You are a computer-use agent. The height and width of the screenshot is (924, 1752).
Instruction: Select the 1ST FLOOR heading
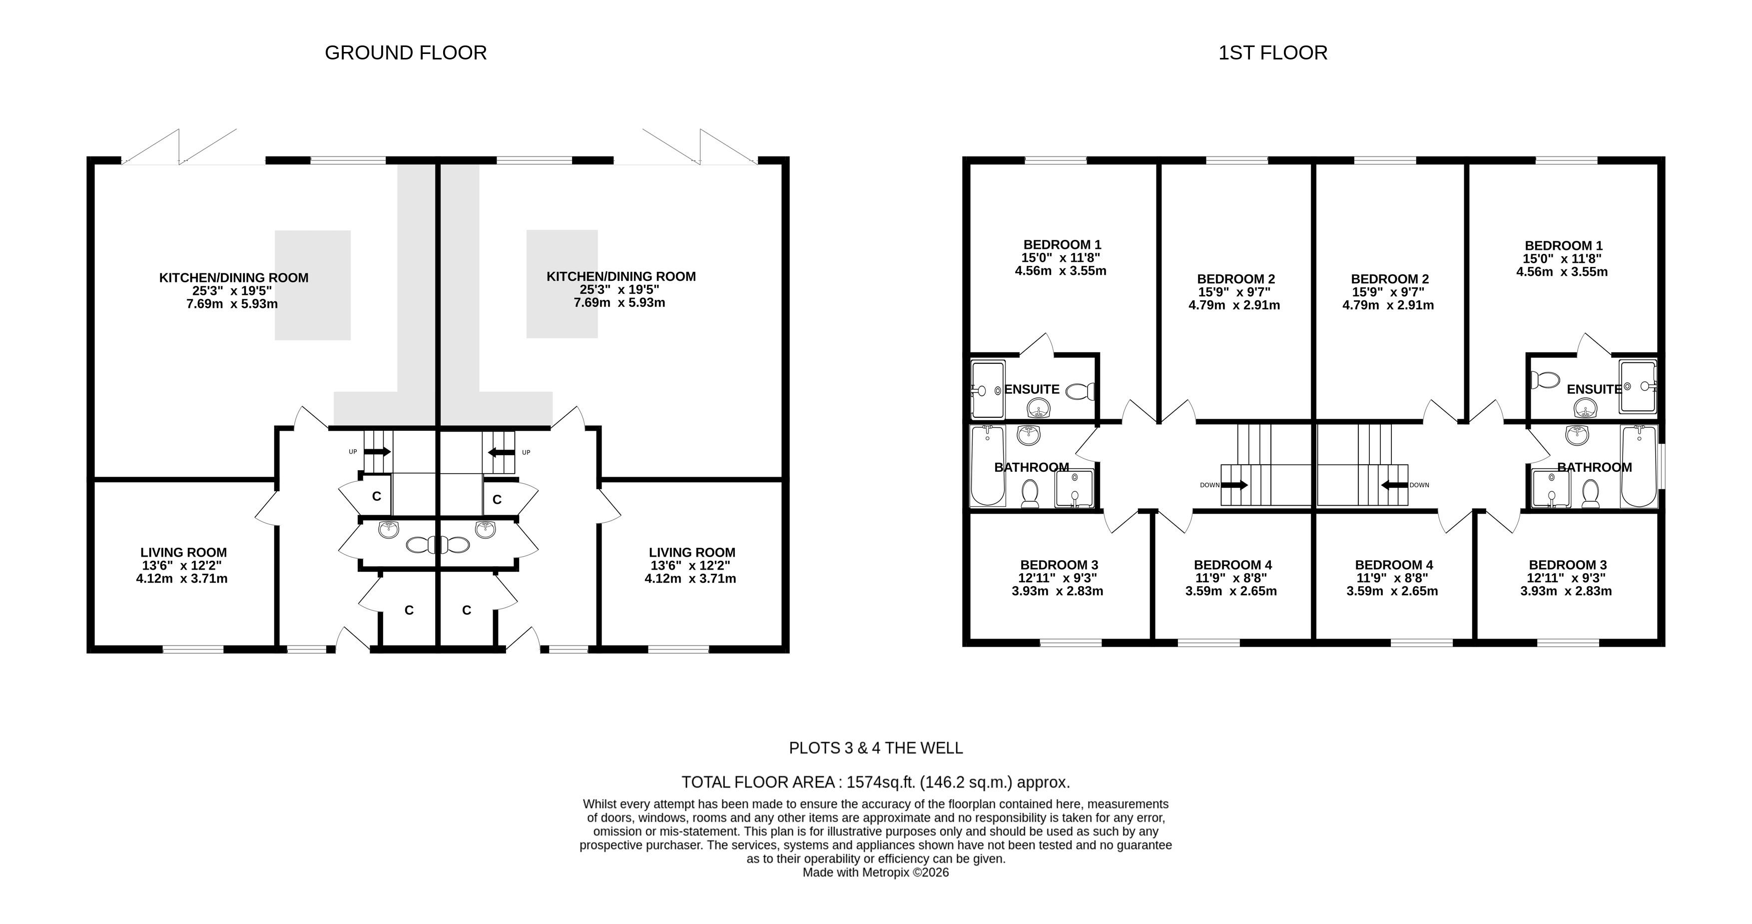point(1272,53)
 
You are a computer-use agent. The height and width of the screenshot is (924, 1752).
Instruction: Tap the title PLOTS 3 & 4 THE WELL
point(875,749)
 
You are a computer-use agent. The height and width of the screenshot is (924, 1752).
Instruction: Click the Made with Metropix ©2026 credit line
point(875,873)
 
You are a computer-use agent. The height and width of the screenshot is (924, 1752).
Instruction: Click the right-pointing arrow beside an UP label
point(378,451)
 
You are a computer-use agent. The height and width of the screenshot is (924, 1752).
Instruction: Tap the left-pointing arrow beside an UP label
point(501,452)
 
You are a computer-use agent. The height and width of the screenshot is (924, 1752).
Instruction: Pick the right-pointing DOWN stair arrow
point(1234,485)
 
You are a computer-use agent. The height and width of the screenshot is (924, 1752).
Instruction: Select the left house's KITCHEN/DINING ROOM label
point(233,278)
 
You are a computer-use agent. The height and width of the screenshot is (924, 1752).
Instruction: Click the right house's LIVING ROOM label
point(692,553)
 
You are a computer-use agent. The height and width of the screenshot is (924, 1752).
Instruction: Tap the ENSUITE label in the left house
point(1032,389)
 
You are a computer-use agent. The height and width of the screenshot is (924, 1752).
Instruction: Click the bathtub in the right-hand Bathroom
point(1639,466)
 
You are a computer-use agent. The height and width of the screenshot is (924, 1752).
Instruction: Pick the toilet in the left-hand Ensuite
point(1080,391)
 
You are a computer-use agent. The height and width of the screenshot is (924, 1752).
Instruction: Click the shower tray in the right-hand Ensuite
point(1637,386)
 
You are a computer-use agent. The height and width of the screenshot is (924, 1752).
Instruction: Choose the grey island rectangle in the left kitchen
point(313,285)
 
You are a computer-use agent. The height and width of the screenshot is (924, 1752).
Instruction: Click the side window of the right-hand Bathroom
point(1662,466)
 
